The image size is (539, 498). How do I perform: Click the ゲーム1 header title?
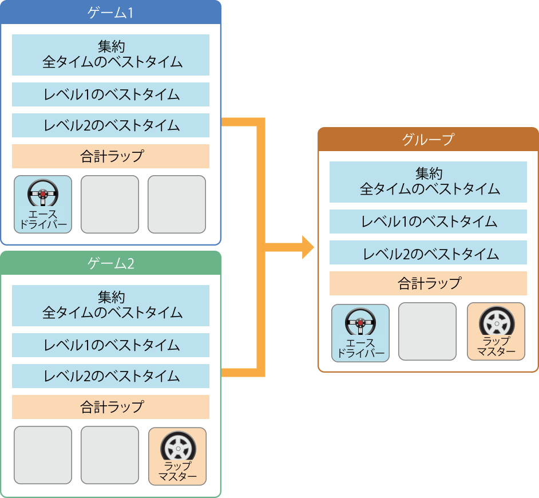(110, 13)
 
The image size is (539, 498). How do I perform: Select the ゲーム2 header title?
(110, 263)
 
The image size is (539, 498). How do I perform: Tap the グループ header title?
(428, 139)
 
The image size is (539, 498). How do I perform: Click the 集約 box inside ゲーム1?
(110, 54)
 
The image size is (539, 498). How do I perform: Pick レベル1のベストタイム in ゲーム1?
(110, 94)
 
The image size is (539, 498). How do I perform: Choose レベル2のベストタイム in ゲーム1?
(110, 125)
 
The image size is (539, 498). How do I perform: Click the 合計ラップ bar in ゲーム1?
(110, 156)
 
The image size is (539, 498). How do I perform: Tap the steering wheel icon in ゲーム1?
(43, 193)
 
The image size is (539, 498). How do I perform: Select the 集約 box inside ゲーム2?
(110, 305)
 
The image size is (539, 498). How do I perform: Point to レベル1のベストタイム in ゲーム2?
(110, 345)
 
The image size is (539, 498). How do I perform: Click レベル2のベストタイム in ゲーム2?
(110, 376)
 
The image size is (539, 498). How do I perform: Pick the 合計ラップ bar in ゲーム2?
(110, 407)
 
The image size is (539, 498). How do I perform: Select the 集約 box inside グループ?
(428, 181)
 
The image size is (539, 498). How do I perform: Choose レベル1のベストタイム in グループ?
(428, 222)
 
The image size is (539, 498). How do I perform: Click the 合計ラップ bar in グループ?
(428, 283)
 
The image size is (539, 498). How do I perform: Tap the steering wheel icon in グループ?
(360, 322)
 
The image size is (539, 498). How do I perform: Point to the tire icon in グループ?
(496, 321)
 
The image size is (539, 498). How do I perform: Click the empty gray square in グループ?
(427, 331)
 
